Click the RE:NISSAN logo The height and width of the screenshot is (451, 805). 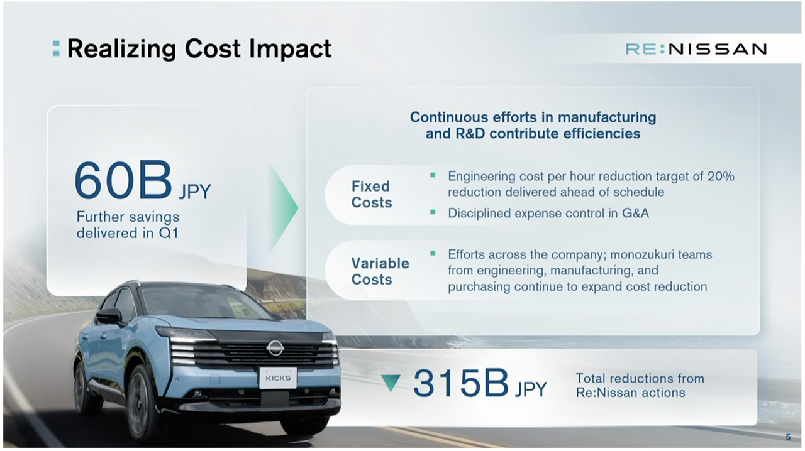[x=696, y=49]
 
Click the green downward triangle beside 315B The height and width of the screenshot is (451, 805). [x=391, y=383]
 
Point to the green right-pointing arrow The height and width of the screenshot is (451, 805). [x=284, y=207]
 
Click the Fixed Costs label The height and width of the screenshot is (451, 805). [x=372, y=194]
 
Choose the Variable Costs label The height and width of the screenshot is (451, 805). [x=380, y=271]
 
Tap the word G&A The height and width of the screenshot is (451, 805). [x=635, y=214]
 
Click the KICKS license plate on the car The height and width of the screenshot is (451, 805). [x=278, y=378]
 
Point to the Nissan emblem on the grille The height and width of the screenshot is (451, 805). [x=275, y=347]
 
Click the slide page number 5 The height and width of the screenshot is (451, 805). [x=788, y=437]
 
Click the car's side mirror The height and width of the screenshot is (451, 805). [x=109, y=316]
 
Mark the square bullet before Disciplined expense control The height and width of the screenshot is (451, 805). [x=433, y=212]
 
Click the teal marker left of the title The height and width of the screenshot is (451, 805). [x=56, y=49]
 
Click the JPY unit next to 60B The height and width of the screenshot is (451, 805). [x=195, y=192]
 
